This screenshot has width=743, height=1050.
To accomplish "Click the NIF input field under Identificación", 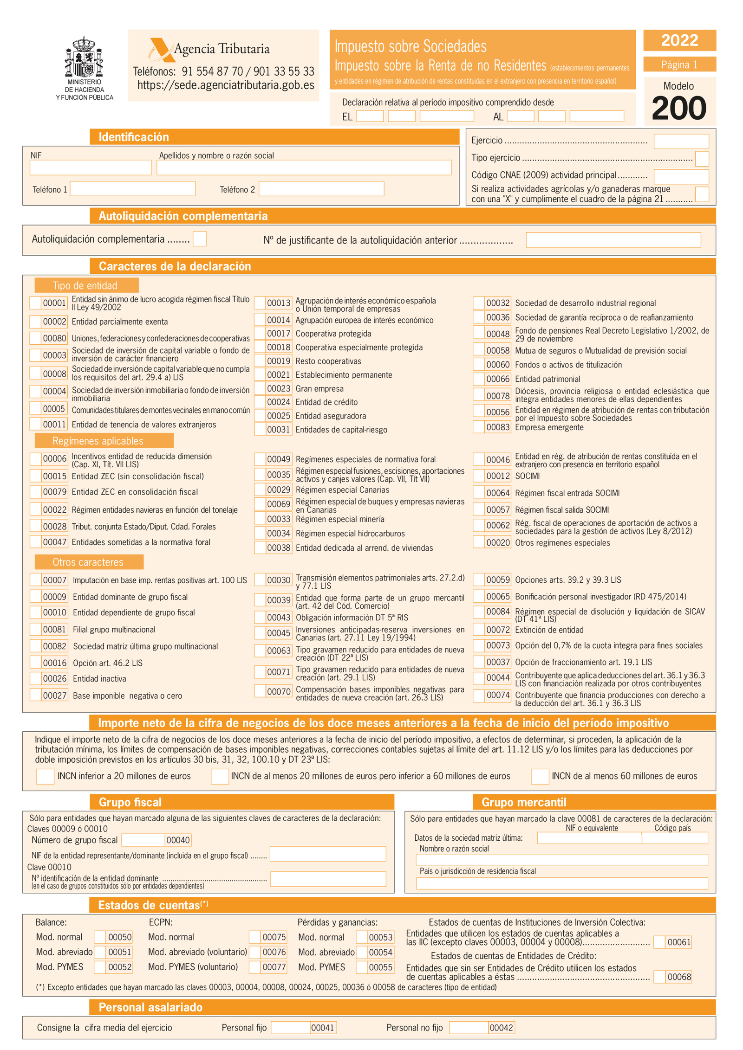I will click(x=90, y=167).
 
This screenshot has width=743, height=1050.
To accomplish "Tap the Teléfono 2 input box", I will click(x=321, y=189).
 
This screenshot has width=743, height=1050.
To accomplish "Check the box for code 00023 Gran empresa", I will click(x=260, y=388).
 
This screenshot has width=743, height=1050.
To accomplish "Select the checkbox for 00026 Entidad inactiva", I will click(x=36, y=678).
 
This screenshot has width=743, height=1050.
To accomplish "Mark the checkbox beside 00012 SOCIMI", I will click(x=479, y=476).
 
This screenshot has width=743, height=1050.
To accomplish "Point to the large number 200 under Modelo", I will click(x=678, y=109).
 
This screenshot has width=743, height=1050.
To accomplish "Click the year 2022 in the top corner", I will click(x=679, y=40).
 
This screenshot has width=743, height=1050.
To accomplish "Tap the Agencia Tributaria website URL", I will click(x=226, y=85).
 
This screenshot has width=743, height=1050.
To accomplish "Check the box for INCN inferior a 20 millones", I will click(x=45, y=776).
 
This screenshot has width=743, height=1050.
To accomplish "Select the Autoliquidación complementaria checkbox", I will click(x=200, y=239).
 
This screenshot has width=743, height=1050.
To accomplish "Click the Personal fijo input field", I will click(x=290, y=1027).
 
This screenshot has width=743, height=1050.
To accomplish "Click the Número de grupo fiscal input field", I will click(x=143, y=840).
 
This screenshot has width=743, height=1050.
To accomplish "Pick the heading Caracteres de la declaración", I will click(x=175, y=266).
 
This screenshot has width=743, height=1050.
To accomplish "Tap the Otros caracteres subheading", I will click(x=88, y=562).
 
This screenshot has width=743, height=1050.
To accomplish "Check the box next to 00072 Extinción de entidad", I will click(x=479, y=630).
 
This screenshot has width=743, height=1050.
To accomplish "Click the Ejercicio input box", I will click(x=681, y=141).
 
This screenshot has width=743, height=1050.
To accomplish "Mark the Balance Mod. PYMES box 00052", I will click(x=99, y=967).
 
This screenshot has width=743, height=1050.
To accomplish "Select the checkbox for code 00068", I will click(x=659, y=977).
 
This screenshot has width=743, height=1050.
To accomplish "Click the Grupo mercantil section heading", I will click(x=523, y=802).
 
